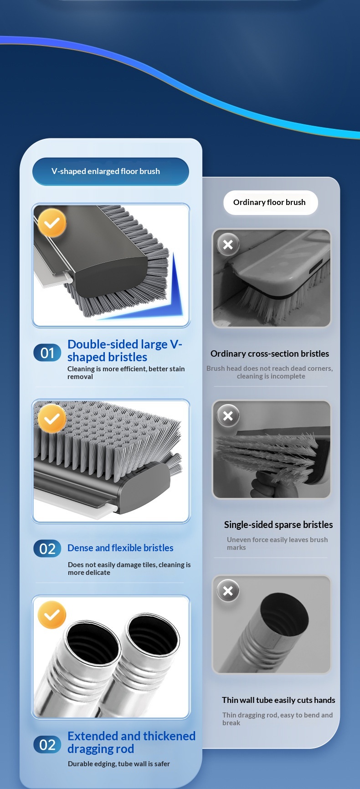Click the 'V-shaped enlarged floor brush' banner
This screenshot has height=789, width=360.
pyautogui.click(x=110, y=171)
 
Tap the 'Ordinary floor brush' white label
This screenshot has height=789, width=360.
pyautogui.click(x=270, y=202)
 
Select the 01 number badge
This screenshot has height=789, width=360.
pyautogui.click(x=47, y=353)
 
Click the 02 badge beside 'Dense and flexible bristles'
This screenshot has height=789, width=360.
pyautogui.click(x=47, y=548)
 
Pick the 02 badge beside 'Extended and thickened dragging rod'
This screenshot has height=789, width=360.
pyautogui.click(x=47, y=745)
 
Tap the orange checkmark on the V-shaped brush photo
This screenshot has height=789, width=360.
pyautogui.click(x=52, y=223)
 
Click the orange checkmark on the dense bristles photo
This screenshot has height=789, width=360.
pyautogui.click(x=52, y=419)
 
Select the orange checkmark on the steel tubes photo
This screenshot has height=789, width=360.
pyautogui.click(x=52, y=615)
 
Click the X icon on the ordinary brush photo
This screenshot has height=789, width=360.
pyautogui.click(x=228, y=245)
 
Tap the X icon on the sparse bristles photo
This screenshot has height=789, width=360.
pyautogui.click(x=228, y=415)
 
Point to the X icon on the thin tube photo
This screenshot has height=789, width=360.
pyautogui.click(x=228, y=591)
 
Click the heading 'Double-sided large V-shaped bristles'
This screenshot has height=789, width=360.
pyautogui.click(x=125, y=350)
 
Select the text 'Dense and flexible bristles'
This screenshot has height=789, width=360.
pyautogui.click(x=120, y=548)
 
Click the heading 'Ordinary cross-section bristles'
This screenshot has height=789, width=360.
pyautogui.click(x=270, y=354)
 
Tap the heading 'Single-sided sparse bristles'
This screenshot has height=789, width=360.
pyautogui.click(x=278, y=525)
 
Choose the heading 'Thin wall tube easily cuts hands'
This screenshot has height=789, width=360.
pyautogui.click(x=278, y=700)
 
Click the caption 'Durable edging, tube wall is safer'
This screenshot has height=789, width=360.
pyautogui.click(x=119, y=764)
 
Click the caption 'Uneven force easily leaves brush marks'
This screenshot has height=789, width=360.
pyautogui.click(x=278, y=543)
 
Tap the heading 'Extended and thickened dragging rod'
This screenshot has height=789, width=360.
pyautogui.click(x=131, y=743)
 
